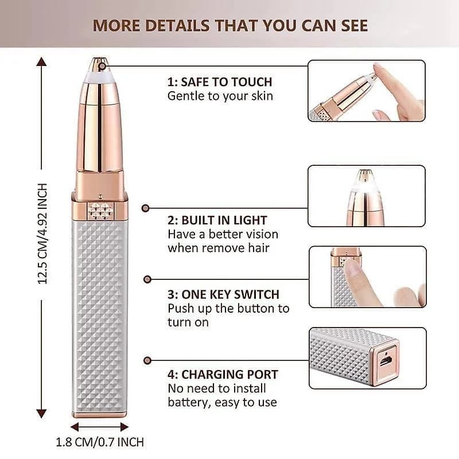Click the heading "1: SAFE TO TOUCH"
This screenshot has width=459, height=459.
click(x=220, y=82)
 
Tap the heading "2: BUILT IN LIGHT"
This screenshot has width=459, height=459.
click(x=217, y=220)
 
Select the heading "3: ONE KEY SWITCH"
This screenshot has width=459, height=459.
click(x=223, y=294)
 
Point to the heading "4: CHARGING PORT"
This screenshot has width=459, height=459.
click(x=223, y=375)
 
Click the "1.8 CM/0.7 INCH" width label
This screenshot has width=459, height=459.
click(x=100, y=442)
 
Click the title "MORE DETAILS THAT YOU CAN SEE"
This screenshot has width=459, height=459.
click(x=230, y=26)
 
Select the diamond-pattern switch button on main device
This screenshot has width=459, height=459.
click(x=100, y=210)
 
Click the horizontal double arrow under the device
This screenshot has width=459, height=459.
click(x=100, y=426)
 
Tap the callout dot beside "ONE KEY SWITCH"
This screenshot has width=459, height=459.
click(x=147, y=279)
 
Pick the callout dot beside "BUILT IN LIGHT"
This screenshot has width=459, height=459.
click(x=146, y=208)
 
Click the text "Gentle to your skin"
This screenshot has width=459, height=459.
click(x=220, y=96)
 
